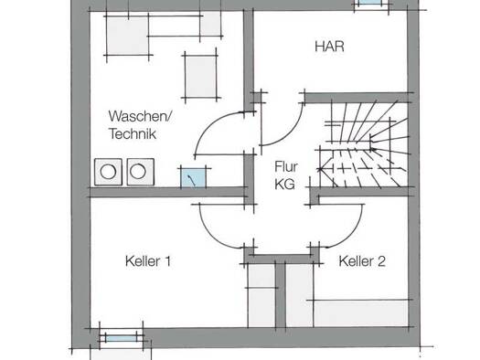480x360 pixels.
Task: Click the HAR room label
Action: [x=329, y=47]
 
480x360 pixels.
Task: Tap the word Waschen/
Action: [x=140, y=117]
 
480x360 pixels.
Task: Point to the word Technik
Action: [x=133, y=134]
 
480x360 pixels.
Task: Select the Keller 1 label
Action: [x=148, y=261]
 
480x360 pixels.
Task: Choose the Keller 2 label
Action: [x=362, y=261]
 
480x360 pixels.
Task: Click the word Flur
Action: [x=286, y=166]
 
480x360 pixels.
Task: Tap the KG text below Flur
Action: [x=284, y=185]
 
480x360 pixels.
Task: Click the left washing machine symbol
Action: [x=109, y=172]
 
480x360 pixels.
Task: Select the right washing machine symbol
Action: [x=141, y=172]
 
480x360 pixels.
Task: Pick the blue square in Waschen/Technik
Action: [x=194, y=177]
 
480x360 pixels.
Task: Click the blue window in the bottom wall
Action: [x=122, y=338]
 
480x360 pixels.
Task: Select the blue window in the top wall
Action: [x=370, y=2]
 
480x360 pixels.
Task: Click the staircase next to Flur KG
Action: [x=363, y=143]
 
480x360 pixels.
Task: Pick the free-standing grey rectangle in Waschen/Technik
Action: [x=201, y=77]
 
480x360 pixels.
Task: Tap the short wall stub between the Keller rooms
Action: [x=281, y=294]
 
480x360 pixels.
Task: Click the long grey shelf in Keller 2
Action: [x=361, y=313]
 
